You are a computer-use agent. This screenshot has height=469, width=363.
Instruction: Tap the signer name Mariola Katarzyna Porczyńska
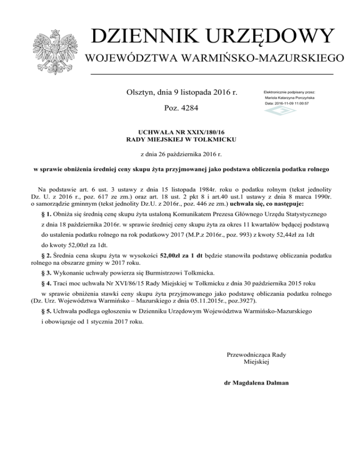click(x=290, y=97)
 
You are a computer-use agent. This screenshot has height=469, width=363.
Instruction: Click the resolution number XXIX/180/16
click(x=198, y=133)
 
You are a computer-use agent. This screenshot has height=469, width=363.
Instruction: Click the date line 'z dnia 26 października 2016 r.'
click(x=181, y=154)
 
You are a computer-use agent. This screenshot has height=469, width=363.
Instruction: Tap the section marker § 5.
click(x=46, y=312)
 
